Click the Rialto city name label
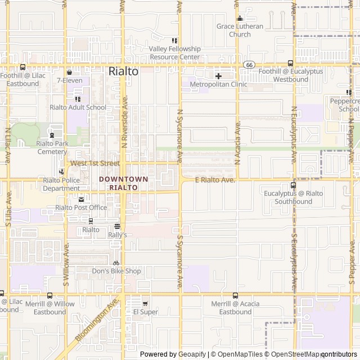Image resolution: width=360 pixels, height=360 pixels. pos(123,71)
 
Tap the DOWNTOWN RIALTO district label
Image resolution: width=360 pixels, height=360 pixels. pos(124,183)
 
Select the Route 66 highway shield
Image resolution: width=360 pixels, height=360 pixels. pos(249,65)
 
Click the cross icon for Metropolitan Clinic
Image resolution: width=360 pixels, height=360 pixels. pos(218,75)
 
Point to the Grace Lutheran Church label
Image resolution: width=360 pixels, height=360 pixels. pos(240,30)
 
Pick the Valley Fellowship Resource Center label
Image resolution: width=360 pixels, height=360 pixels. pos(174,53)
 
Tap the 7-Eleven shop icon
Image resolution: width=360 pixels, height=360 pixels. pos(69,72)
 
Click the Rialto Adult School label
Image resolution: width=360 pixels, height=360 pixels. pos(78,107)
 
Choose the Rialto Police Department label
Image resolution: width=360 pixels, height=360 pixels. pos(61,184)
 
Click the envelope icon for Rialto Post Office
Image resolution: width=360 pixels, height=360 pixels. pos(81,199)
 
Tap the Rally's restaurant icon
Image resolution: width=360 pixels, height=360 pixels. pos(117,226)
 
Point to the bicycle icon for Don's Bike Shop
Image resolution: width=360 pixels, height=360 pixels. pos(116,263)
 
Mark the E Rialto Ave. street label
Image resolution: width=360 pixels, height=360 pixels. pos(214,180)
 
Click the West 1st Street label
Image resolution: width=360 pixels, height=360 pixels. pos(95,163)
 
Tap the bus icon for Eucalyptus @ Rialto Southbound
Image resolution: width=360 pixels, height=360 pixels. pos(293,185)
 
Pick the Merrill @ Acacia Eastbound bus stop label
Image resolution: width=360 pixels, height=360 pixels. pos(235,308)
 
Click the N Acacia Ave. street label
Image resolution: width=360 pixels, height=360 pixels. pos(238,141)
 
